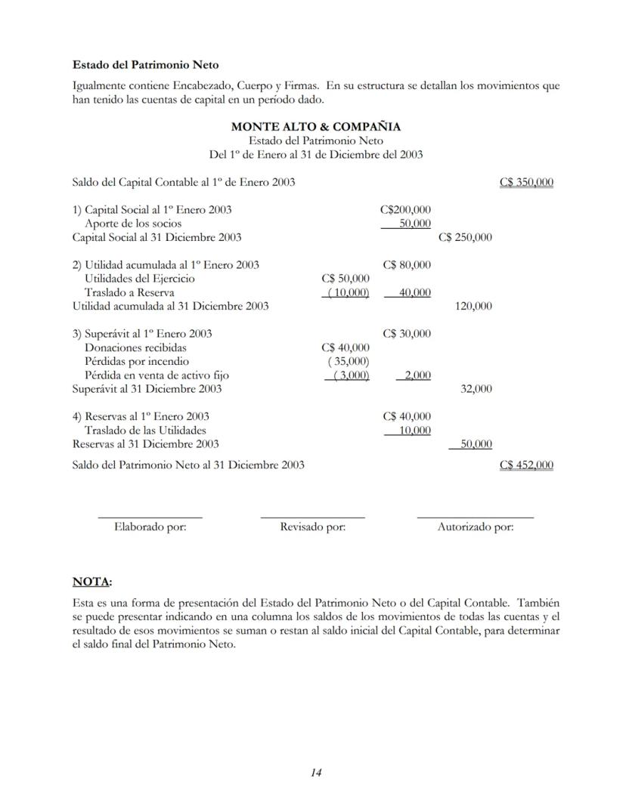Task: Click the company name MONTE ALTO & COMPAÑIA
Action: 315,127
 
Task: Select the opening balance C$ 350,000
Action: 526,182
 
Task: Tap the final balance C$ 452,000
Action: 526,465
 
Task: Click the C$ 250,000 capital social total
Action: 465,237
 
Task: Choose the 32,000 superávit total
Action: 476,388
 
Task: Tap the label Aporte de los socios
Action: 133,224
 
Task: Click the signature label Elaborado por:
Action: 150,527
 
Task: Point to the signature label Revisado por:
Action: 312,527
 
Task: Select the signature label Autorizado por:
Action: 475,527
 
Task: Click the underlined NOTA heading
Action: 91,582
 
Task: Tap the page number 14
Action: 316,772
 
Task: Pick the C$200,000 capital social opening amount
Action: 405,209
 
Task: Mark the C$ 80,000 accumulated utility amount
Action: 407,264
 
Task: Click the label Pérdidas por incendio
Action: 137,361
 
